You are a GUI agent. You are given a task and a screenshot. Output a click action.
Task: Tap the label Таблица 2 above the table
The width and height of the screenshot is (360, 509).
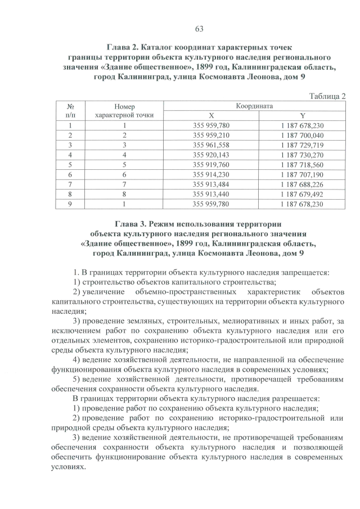[x=326, y=96]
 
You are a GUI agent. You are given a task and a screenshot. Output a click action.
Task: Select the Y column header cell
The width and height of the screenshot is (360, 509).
[x=301, y=115]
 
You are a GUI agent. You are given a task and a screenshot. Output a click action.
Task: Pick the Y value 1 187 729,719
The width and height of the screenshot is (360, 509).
[x=301, y=145]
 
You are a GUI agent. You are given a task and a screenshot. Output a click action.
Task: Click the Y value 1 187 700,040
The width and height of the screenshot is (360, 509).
[x=301, y=136]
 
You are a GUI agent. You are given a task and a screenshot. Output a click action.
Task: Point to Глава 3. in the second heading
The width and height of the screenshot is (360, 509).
[x=134, y=223]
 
